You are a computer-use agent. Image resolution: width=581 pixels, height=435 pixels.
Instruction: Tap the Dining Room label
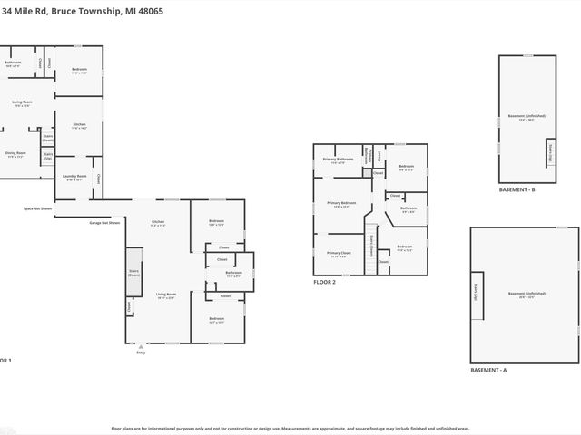(x=15, y=154)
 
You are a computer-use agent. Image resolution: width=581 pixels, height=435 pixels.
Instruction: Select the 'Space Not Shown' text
(x=38, y=208)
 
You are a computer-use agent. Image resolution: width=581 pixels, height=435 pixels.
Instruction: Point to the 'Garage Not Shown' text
(x=104, y=222)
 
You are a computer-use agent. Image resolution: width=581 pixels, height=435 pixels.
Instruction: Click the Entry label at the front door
(x=140, y=353)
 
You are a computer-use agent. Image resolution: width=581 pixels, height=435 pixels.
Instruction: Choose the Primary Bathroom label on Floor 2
(x=338, y=159)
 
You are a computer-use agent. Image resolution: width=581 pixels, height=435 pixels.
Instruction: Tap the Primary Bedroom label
(x=341, y=205)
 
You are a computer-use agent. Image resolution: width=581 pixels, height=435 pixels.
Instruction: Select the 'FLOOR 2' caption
(x=324, y=282)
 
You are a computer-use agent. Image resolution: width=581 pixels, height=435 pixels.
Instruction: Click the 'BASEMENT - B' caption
(x=517, y=189)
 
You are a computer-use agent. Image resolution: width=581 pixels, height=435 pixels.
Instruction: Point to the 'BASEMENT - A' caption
(x=488, y=371)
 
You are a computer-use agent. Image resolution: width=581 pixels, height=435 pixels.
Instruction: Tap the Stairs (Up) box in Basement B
(x=549, y=153)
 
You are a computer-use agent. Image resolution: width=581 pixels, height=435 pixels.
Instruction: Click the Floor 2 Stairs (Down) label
(x=370, y=246)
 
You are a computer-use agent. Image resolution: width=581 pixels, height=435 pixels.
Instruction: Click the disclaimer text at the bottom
(x=290, y=428)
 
